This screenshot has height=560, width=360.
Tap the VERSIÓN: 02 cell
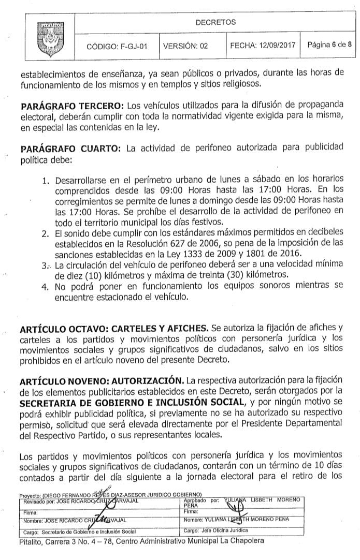185,46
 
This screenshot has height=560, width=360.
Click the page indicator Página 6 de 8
329,45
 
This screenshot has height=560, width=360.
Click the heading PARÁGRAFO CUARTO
70,149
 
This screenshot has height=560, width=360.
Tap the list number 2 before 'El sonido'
45,234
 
